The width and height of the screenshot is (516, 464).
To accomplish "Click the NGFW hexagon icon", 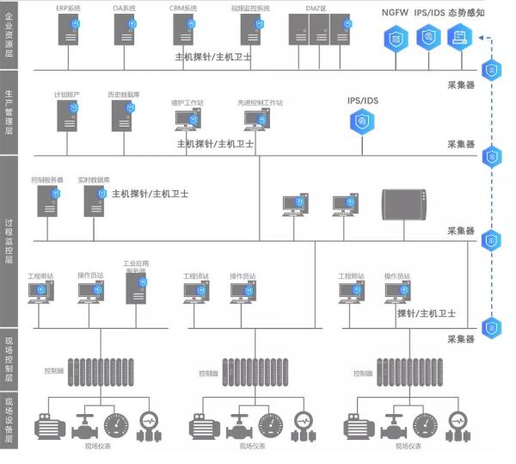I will coord(395,38).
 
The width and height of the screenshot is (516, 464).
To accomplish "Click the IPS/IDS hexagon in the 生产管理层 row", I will coord(362,121).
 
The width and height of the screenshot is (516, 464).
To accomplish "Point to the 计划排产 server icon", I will coord(67,115).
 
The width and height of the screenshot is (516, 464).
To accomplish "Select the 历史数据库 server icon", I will coord(120,115).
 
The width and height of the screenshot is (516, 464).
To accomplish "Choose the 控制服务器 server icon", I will coord(47,201).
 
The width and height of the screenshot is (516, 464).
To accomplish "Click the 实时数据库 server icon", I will coord(94,201).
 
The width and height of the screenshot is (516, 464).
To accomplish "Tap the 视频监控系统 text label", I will coord(250,8).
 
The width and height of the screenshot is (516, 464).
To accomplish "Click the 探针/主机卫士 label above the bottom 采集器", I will coord(427,314).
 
